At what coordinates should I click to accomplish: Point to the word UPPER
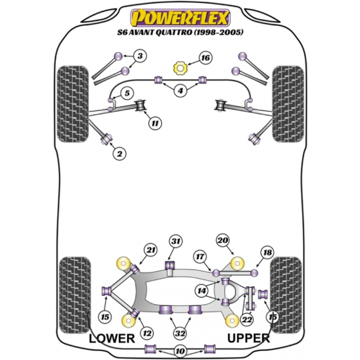(248, 338)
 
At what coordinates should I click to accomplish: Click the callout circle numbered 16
(205, 58)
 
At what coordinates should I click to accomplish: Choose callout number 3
(140, 57)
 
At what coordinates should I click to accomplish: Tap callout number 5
(127, 93)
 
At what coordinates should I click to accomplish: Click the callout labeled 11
(155, 124)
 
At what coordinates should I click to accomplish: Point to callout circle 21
(149, 250)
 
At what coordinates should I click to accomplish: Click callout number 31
(175, 241)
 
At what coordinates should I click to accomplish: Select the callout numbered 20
(223, 241)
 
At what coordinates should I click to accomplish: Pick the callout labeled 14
(200, 290)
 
